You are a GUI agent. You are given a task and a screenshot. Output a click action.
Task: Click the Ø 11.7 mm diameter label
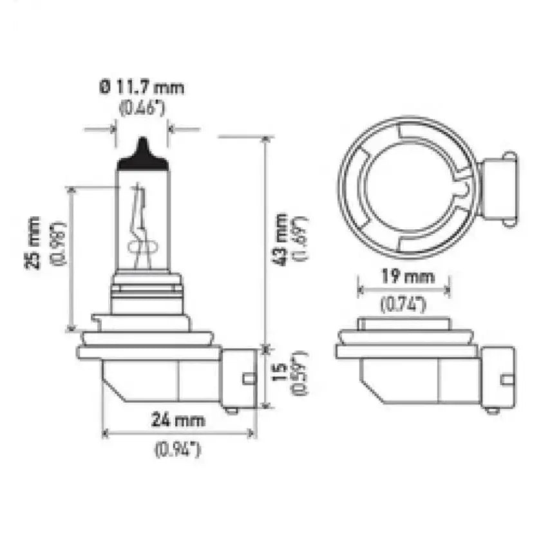[142, 88]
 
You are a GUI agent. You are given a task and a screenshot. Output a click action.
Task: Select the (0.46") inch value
[142, 108]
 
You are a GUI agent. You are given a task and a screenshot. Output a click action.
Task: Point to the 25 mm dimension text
[33, 243]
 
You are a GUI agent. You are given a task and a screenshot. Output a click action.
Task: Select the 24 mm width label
[178, 420]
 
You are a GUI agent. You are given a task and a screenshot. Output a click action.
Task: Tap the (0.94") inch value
[178, 450]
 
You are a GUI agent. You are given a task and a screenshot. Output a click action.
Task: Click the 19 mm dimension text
[407, 276]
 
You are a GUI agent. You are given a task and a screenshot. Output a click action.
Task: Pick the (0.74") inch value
[404, 304]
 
